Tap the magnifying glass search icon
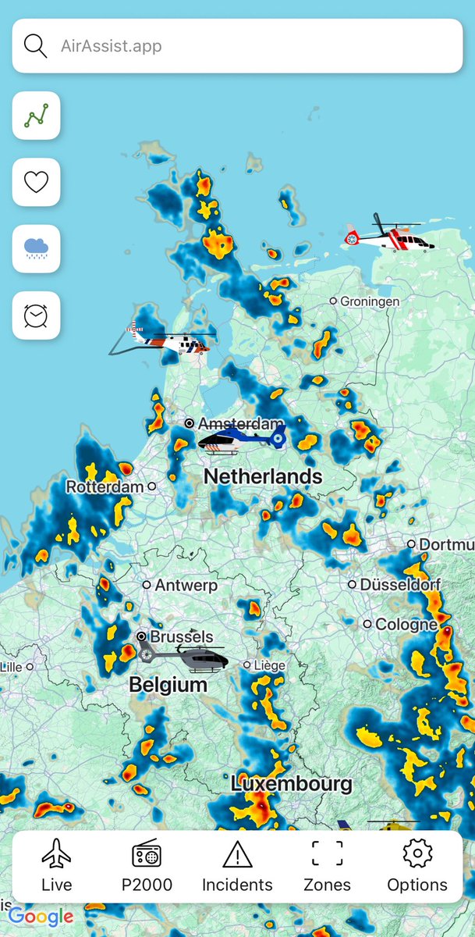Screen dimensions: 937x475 (36, 46)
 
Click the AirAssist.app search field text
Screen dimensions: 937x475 (112, 46)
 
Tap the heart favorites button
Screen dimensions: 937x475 (36, 182)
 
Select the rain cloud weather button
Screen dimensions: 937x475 (36, 249)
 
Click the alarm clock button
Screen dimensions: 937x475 (36, 315)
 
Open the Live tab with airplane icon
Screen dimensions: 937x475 (56, 865)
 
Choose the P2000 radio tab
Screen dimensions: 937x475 (147, 865)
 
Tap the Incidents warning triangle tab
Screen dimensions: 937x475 (237, 865)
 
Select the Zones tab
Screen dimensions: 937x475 (327, 865)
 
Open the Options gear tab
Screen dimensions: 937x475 (417, 865)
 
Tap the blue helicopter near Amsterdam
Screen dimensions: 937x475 (241, 440)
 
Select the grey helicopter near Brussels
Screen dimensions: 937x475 (185, 658)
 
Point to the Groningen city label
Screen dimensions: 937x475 (370, 301)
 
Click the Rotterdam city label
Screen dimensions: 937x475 (105, 486)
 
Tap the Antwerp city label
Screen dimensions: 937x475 (186, 585)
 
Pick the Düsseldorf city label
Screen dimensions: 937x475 (399, 584)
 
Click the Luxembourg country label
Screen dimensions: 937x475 (292, 783)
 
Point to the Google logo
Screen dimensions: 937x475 (41, 917)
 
